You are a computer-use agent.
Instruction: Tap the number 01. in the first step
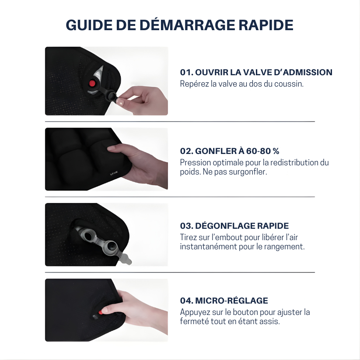(x=187, y=73)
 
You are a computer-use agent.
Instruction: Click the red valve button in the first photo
(x=92, y=83)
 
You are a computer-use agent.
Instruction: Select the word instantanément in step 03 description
(x=204, y=247)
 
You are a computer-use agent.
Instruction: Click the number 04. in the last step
(x=187, y=301)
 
